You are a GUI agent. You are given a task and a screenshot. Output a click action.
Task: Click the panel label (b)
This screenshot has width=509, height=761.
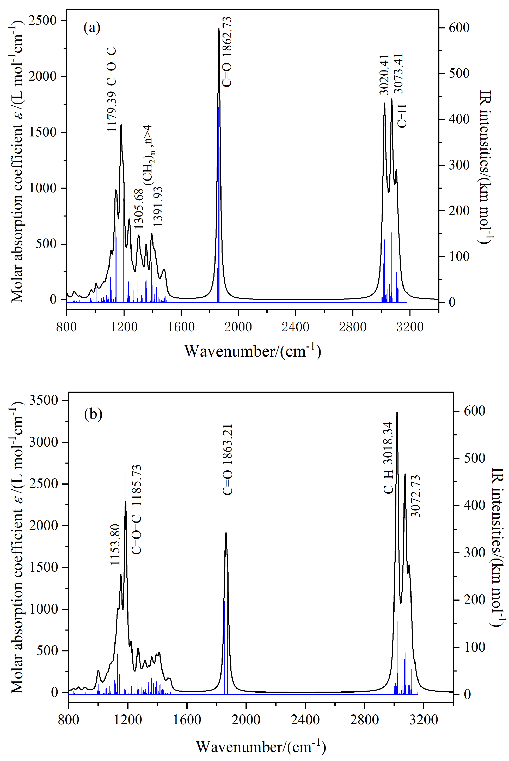click(x=93, y=414)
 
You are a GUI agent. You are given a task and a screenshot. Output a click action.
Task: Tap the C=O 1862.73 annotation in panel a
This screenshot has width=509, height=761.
click(x=226, y=52)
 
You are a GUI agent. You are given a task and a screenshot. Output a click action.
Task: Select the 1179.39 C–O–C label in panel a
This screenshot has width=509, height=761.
click(x=111, y=89)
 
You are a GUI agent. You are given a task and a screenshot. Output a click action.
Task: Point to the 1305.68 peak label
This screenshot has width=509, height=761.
click(x=139, y=209)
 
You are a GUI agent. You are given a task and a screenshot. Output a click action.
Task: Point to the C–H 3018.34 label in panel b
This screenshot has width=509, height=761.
click(x=388, y=458)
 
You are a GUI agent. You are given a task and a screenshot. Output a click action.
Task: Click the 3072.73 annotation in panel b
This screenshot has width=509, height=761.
click(x=415, y=496)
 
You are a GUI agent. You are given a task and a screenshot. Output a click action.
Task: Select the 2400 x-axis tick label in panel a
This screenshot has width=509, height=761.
click(x=295, y=327)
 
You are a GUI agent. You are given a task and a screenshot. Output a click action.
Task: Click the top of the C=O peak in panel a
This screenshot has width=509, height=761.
click(x=219, y=29)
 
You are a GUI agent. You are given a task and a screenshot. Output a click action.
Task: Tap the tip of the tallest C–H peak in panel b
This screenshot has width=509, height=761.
click(x=397, y=412)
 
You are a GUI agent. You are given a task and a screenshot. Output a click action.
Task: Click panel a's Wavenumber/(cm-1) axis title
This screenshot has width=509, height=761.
click(x=253, y=351)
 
